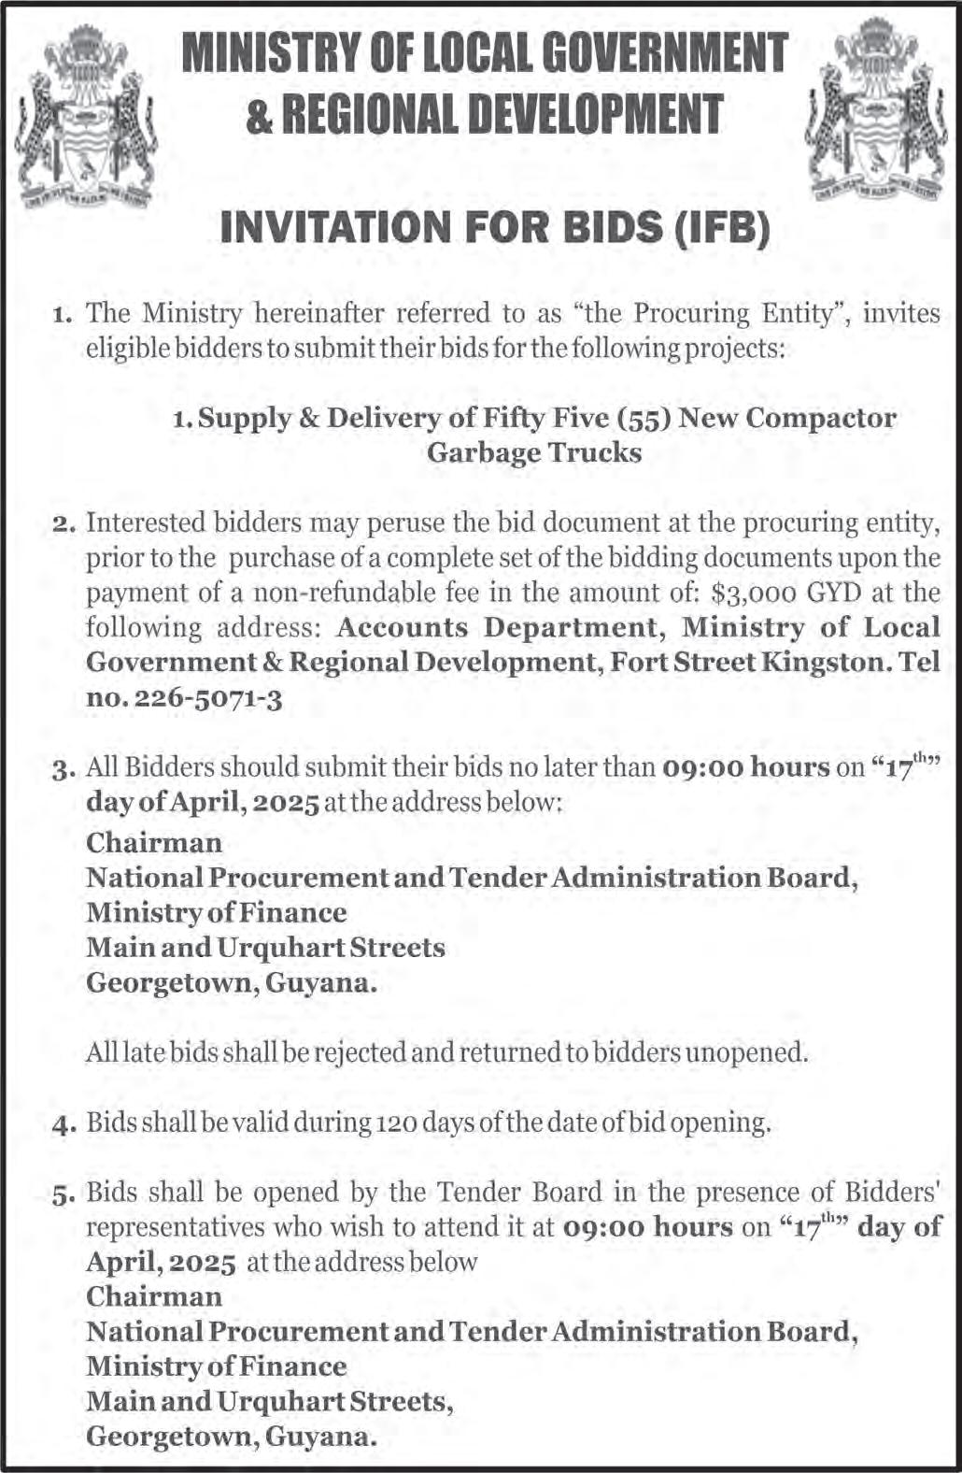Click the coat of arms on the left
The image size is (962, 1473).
coord(86,117)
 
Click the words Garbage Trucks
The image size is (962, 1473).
coord(534,453)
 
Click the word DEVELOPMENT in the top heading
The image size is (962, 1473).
coord(594,115)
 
